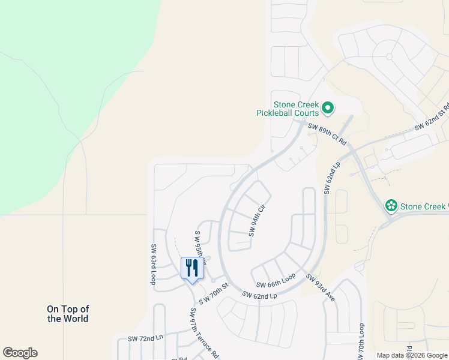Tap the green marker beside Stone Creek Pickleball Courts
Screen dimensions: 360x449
[x=328, y=108]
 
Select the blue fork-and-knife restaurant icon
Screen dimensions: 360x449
[x=193, y=268]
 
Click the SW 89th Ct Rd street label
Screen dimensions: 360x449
[x=327, y=134]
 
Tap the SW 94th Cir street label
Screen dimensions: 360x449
[x=257, y=220]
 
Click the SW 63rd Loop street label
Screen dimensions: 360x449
[x=154, y=264]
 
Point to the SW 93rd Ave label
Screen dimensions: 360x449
[x=320, y=287]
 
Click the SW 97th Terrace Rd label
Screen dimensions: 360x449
[x=205, y=334]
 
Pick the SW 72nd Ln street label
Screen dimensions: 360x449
[x=145, y=339]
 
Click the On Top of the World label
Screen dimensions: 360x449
[x=68, y=314]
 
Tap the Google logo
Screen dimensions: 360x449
[x=20, y=353]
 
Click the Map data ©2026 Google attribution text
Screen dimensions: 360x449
[x=412, y=355]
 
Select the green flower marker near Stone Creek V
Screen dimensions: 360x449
[x=391, y=206]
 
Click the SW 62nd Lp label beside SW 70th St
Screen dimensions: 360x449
[x=259, y=295]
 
